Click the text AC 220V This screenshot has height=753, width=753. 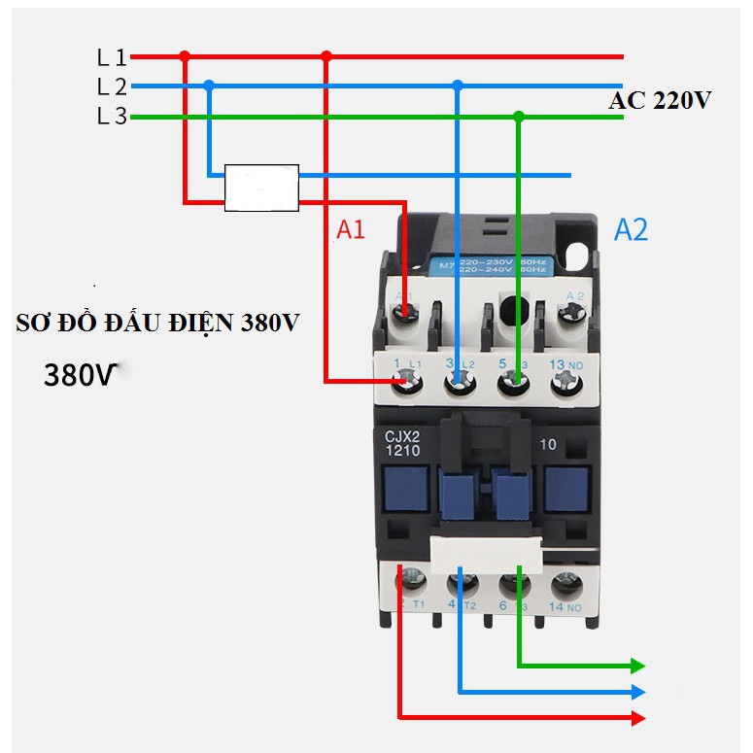point(660,101)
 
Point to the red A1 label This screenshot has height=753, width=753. point(351,230)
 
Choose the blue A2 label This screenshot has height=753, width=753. point(631,230)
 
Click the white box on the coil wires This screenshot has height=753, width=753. point(261,188)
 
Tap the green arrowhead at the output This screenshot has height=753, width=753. point(637,666)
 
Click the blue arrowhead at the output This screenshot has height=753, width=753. point(637,693)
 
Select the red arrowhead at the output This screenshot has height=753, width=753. point(637,718)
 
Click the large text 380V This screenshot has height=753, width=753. point(80,375)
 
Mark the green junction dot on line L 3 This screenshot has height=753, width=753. point(519,117)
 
